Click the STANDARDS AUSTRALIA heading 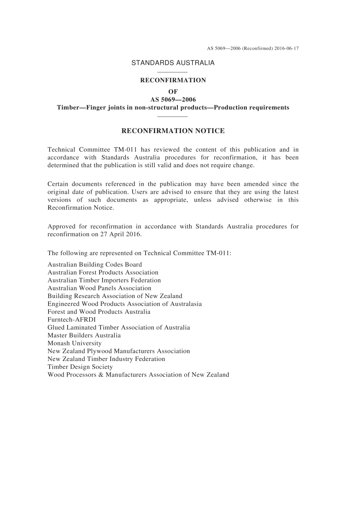pos(173,63)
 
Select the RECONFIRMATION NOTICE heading pos(173,131)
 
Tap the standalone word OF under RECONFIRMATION pos(173,91)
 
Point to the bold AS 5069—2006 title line pos(173,99)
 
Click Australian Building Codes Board pos(95,265)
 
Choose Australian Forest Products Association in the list pos(103,273)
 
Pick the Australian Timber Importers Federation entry pos(104,280)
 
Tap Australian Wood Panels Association pos(99,288)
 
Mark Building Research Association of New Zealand pos(115,296)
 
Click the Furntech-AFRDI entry pos(72,320)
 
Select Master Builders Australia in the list pos(84,336)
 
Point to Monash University pos(75,343)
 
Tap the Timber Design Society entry pos(80,367)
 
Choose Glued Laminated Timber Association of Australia pos(119,328)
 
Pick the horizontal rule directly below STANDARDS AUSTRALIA pos(172,72)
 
